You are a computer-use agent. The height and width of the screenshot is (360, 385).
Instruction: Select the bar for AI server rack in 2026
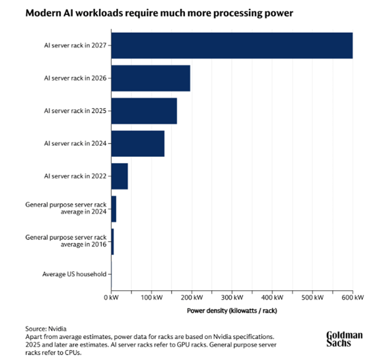coord(151,78)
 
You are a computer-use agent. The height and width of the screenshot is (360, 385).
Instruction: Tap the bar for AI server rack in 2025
coord(144,111)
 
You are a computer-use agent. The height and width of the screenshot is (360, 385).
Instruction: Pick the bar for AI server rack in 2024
coord(137,143)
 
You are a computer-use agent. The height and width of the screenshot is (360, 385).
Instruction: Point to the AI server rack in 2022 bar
coord(119,176)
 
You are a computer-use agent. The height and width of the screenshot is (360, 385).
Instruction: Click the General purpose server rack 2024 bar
coord(114,209)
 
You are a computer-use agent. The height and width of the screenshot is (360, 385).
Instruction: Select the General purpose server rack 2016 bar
coord(113,241)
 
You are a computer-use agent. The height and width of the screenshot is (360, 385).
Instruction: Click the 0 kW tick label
coord(111,298)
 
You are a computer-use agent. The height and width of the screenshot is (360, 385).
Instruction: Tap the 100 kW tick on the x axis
coord(151,298)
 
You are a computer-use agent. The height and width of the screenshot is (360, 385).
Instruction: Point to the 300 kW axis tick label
coord(232,298)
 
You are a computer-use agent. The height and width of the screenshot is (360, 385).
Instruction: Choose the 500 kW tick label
coord(312,298)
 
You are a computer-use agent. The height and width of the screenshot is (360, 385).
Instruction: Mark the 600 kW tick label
coord(353,298)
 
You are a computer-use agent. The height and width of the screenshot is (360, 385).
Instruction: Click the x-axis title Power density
coord(232,310)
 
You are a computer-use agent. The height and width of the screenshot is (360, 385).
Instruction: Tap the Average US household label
coord(74,274)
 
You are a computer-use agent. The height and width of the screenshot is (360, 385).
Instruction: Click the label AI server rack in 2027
coord(75,46)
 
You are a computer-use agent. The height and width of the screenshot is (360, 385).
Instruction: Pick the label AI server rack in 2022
coord(75,176)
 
